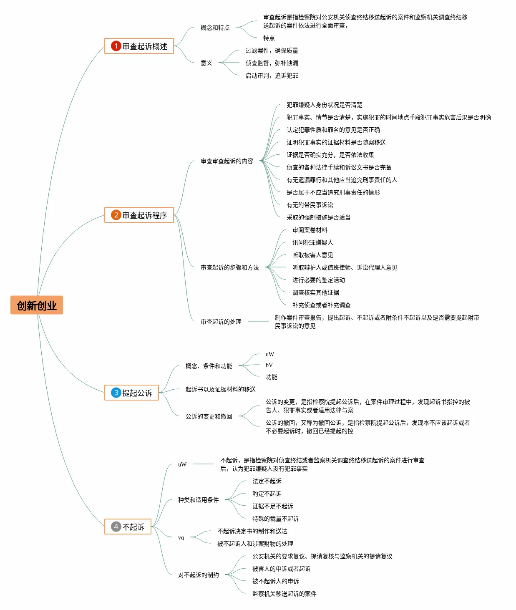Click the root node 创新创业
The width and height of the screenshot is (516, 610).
(37, 305)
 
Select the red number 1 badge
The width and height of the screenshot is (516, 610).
(116, 46)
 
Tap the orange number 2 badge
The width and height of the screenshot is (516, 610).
(116, 215)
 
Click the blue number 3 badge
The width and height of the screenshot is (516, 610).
(116, 393)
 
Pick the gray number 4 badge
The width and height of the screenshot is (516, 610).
(116, 527)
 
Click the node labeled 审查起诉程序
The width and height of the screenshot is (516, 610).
(139, 215)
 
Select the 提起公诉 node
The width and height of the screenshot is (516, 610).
(131, 393)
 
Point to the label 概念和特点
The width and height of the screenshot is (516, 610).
(215, 28)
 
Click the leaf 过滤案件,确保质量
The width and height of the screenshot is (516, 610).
(272, 50)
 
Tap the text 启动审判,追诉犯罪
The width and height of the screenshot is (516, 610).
(272, 76)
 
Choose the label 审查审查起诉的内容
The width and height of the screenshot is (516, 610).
(227, 161)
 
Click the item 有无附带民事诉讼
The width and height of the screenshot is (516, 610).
(310, 205)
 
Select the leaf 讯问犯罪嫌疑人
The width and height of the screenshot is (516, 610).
(313, 242)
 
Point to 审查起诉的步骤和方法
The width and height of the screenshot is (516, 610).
(230, 267)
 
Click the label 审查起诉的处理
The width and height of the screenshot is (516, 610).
(221, 321)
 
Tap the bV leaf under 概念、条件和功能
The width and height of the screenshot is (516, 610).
(269, 365)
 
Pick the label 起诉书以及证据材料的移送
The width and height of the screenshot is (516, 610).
(220, 389)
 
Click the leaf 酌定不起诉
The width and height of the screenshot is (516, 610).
(267, 494)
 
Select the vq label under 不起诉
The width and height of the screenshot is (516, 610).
(181, 538)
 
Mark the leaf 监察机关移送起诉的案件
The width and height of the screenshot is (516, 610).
(284, 593)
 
